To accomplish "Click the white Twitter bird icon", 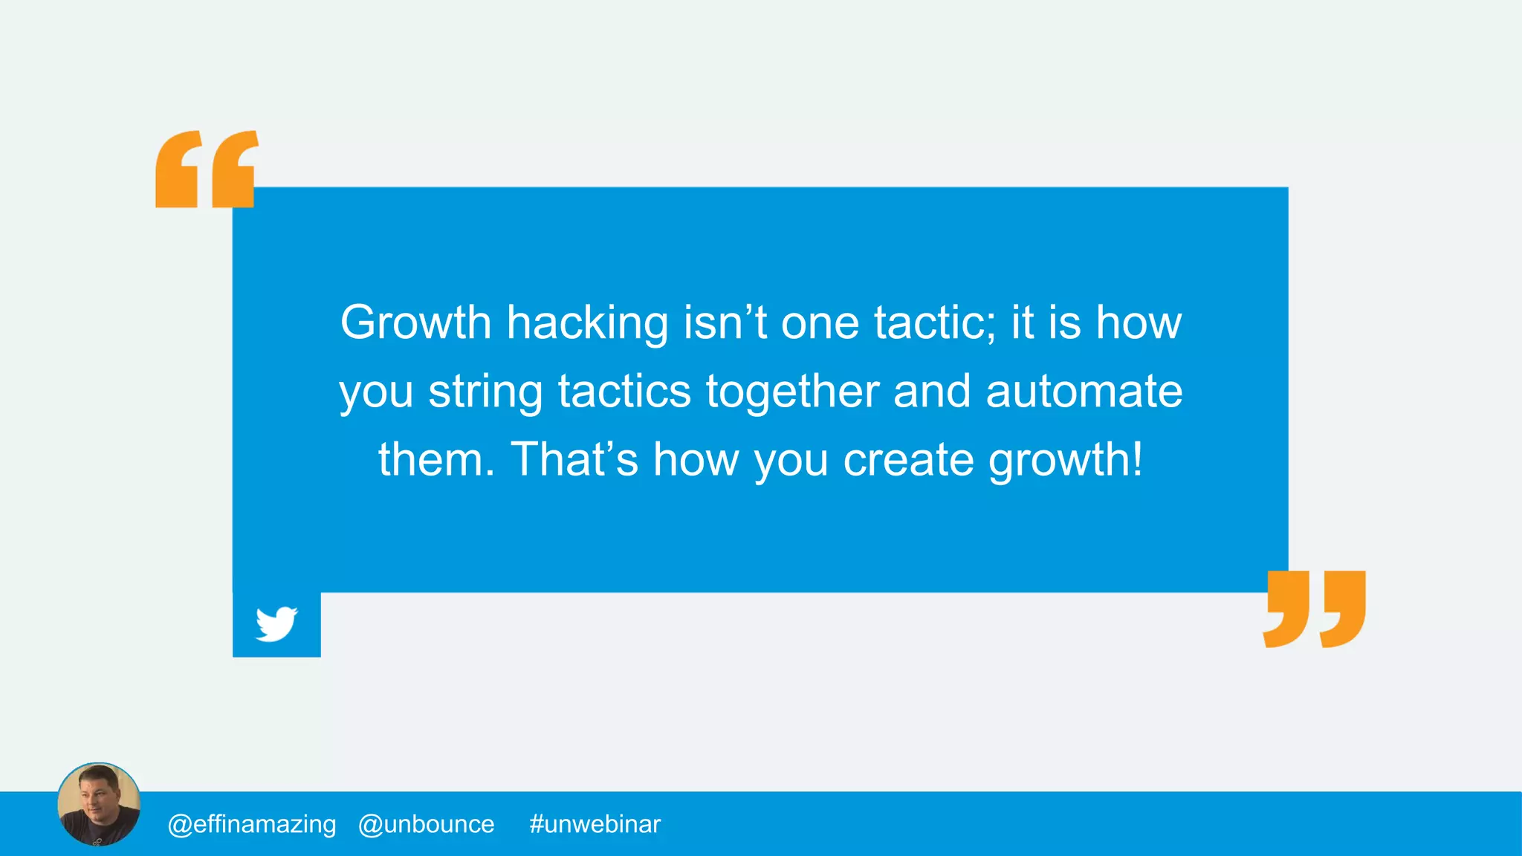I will click(x=276, y=624).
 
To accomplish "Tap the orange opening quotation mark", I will click(x=206, y=169).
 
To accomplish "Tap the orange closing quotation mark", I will click(x=1314, y=609).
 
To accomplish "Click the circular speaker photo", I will click(x=99, y=804).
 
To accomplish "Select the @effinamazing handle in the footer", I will click(x=252, y=824).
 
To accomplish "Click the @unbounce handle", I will click(x=426, y=824).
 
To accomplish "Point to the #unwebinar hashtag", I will click(x=595, y=824).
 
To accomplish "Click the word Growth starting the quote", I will click(x=415, y=322).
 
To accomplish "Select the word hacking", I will click(x=587, y=324).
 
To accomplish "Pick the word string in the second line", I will click(x=485, y=392).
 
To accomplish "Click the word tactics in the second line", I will click(x=624, y=391).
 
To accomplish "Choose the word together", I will click(x=792, y=392).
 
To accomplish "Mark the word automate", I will click(x=1084, y=391).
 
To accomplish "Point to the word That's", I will click(x=574, y=459).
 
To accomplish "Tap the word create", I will click(x=908, y=459).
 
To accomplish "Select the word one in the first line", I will click(x=820, y=324).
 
